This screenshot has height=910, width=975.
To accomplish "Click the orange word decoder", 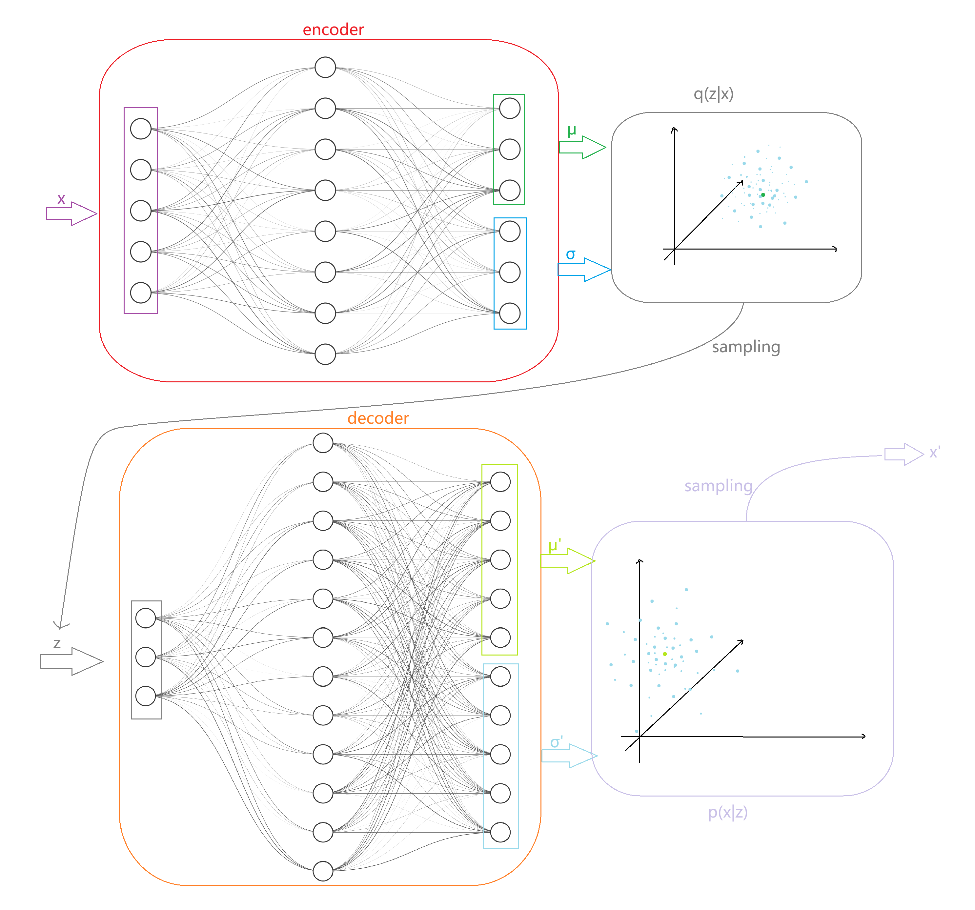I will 378,418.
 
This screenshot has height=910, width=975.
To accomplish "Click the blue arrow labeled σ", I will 584,270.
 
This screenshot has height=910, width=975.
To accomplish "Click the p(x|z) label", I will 727,812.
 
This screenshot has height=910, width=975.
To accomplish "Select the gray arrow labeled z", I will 71,661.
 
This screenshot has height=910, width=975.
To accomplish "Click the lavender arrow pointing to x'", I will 904,455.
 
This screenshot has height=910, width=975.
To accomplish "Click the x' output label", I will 935,453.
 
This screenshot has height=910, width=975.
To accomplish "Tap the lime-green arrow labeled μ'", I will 567,561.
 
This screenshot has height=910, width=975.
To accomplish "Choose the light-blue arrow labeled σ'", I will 569,756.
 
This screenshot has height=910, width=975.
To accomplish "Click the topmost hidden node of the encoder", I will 325,67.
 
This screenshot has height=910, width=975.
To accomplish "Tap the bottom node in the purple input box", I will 141,293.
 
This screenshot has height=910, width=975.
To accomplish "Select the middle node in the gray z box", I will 146,657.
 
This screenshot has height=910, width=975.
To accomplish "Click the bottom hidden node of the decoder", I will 323,871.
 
